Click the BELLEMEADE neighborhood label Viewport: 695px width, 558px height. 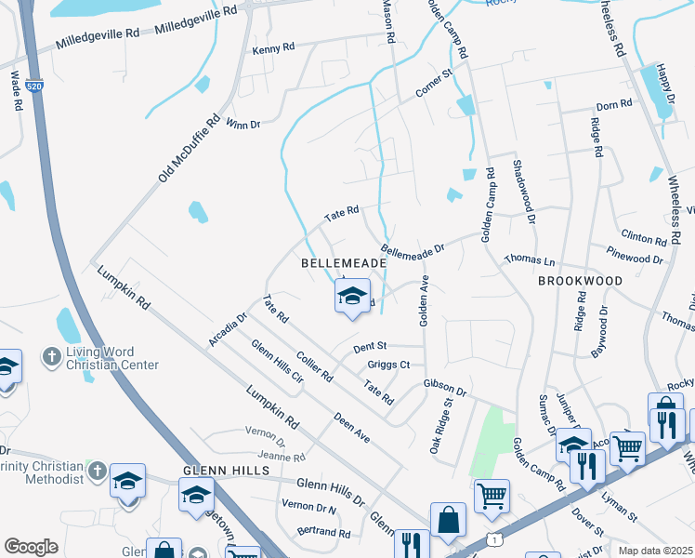click(x=344, y=264)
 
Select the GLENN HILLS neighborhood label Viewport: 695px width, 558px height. click(x=226, y=472)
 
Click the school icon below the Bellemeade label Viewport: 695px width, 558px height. click(x=352, y=298)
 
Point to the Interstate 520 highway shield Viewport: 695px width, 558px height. click(x=35, y=86)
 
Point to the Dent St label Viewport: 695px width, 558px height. click(x=370, y=348)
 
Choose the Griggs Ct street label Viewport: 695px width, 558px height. click(x=388, y=365)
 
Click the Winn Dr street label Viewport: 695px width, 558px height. click(x=243, y=123)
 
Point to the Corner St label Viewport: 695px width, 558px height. click(x=433, y=84)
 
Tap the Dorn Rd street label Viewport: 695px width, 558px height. click(x=614, y=106)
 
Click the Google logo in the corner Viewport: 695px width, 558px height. click(x=31, y=547)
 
